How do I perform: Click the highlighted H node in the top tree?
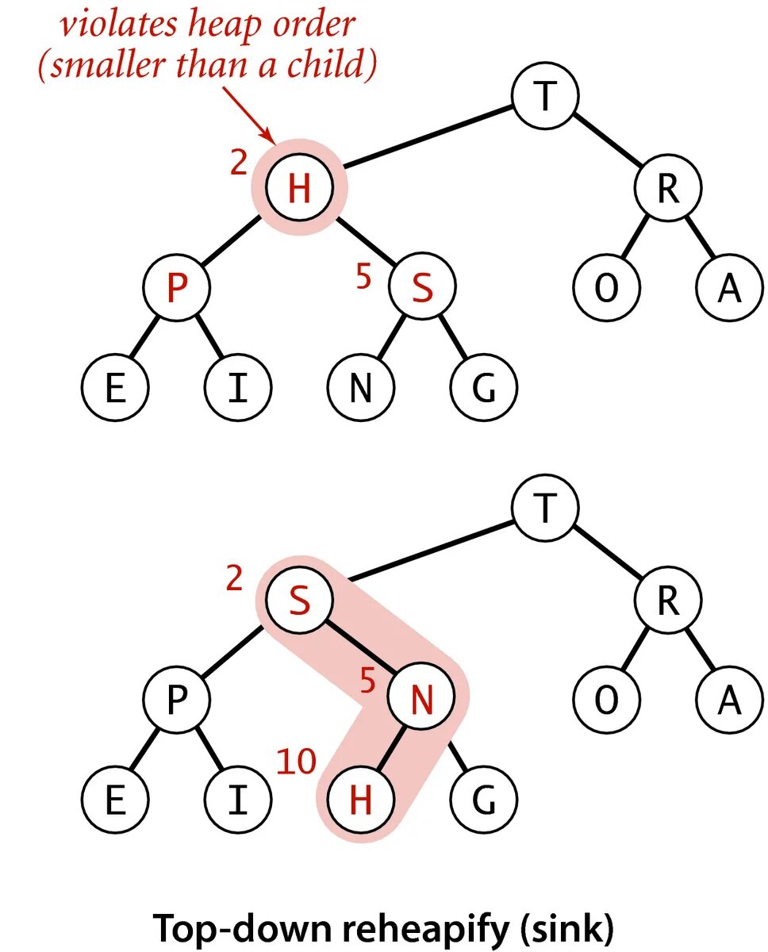pos(298,189)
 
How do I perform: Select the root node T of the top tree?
pos(544,97)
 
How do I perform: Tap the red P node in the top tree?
pos(176,289)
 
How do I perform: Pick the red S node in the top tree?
pos(422,289)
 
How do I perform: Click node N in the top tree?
pos(360,389)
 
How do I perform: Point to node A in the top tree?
pos(728,289)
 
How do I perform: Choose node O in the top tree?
pos(606,289)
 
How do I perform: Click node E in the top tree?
pos(115,389)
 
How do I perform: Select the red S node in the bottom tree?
pos(298,601)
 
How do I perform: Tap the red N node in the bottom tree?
pos(422,700)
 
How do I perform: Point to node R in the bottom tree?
pos(667,601)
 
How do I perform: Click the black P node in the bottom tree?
pos(176,700)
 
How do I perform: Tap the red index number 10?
pos(295,762)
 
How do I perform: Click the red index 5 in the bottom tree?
pos(367,681)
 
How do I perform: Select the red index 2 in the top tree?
pos(238,164)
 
